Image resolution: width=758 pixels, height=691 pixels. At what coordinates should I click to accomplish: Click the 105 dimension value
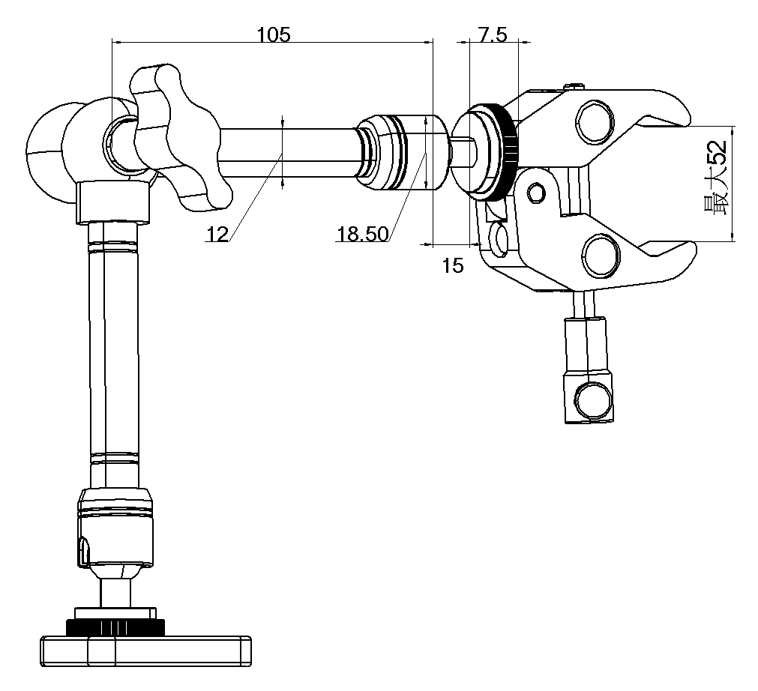pos(273,34)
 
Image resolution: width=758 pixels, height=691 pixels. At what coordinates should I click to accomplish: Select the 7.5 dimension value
pos(493,34)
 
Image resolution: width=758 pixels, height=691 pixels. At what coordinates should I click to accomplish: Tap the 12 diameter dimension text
pos(217,235)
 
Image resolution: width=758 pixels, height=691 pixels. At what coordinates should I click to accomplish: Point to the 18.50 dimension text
pos(362,235)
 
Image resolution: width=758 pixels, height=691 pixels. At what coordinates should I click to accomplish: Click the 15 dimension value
pos(453,265)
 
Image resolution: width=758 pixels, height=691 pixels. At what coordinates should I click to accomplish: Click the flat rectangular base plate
pos(146,650)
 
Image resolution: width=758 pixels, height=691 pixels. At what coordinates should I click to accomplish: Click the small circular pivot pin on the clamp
pos(535,194)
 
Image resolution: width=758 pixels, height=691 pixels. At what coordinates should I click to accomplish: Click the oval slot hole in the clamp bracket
pos(501,239)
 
